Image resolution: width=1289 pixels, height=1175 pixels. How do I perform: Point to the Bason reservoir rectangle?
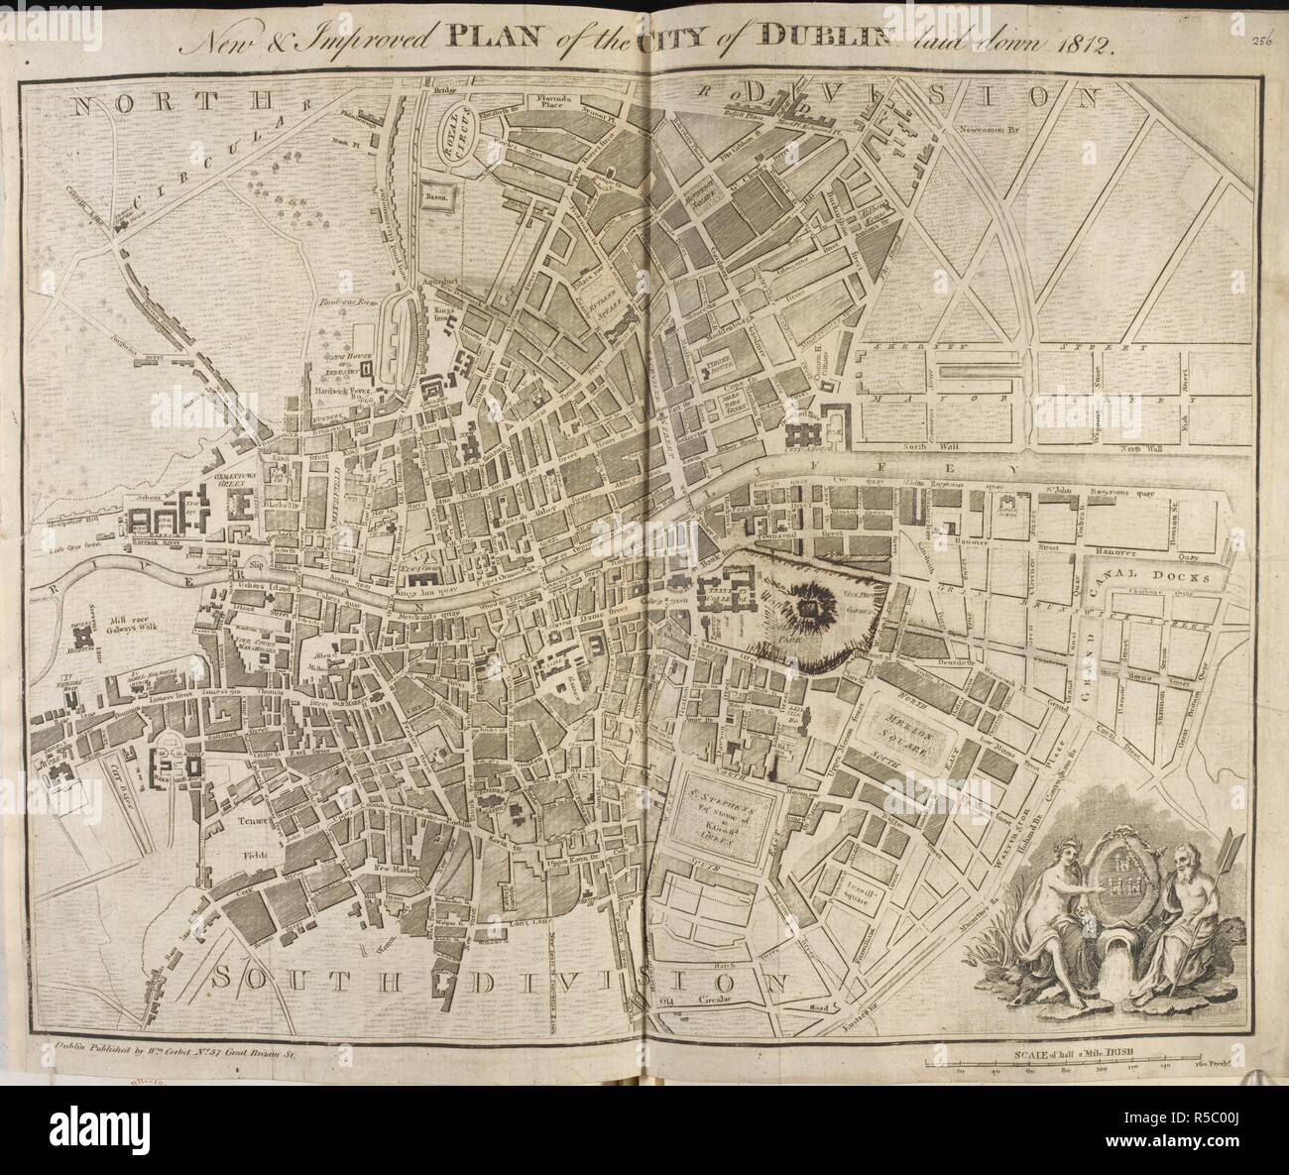pyautogui.click(x=438, y=197)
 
